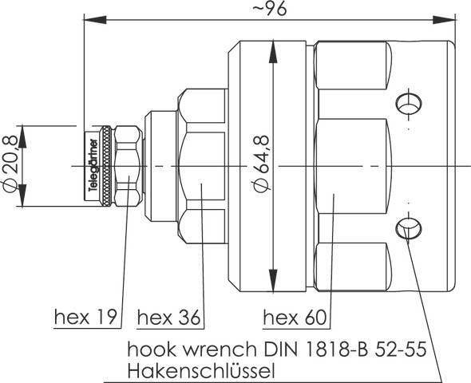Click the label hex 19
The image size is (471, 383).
[x=86, y=318]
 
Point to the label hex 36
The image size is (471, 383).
[x=168, y=318]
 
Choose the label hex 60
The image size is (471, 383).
[x=295, y=318]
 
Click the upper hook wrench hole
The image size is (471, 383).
[x=406, y=102]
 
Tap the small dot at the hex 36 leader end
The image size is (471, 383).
[x=201, y=188]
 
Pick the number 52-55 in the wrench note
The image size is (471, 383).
[x=400, y=349]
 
